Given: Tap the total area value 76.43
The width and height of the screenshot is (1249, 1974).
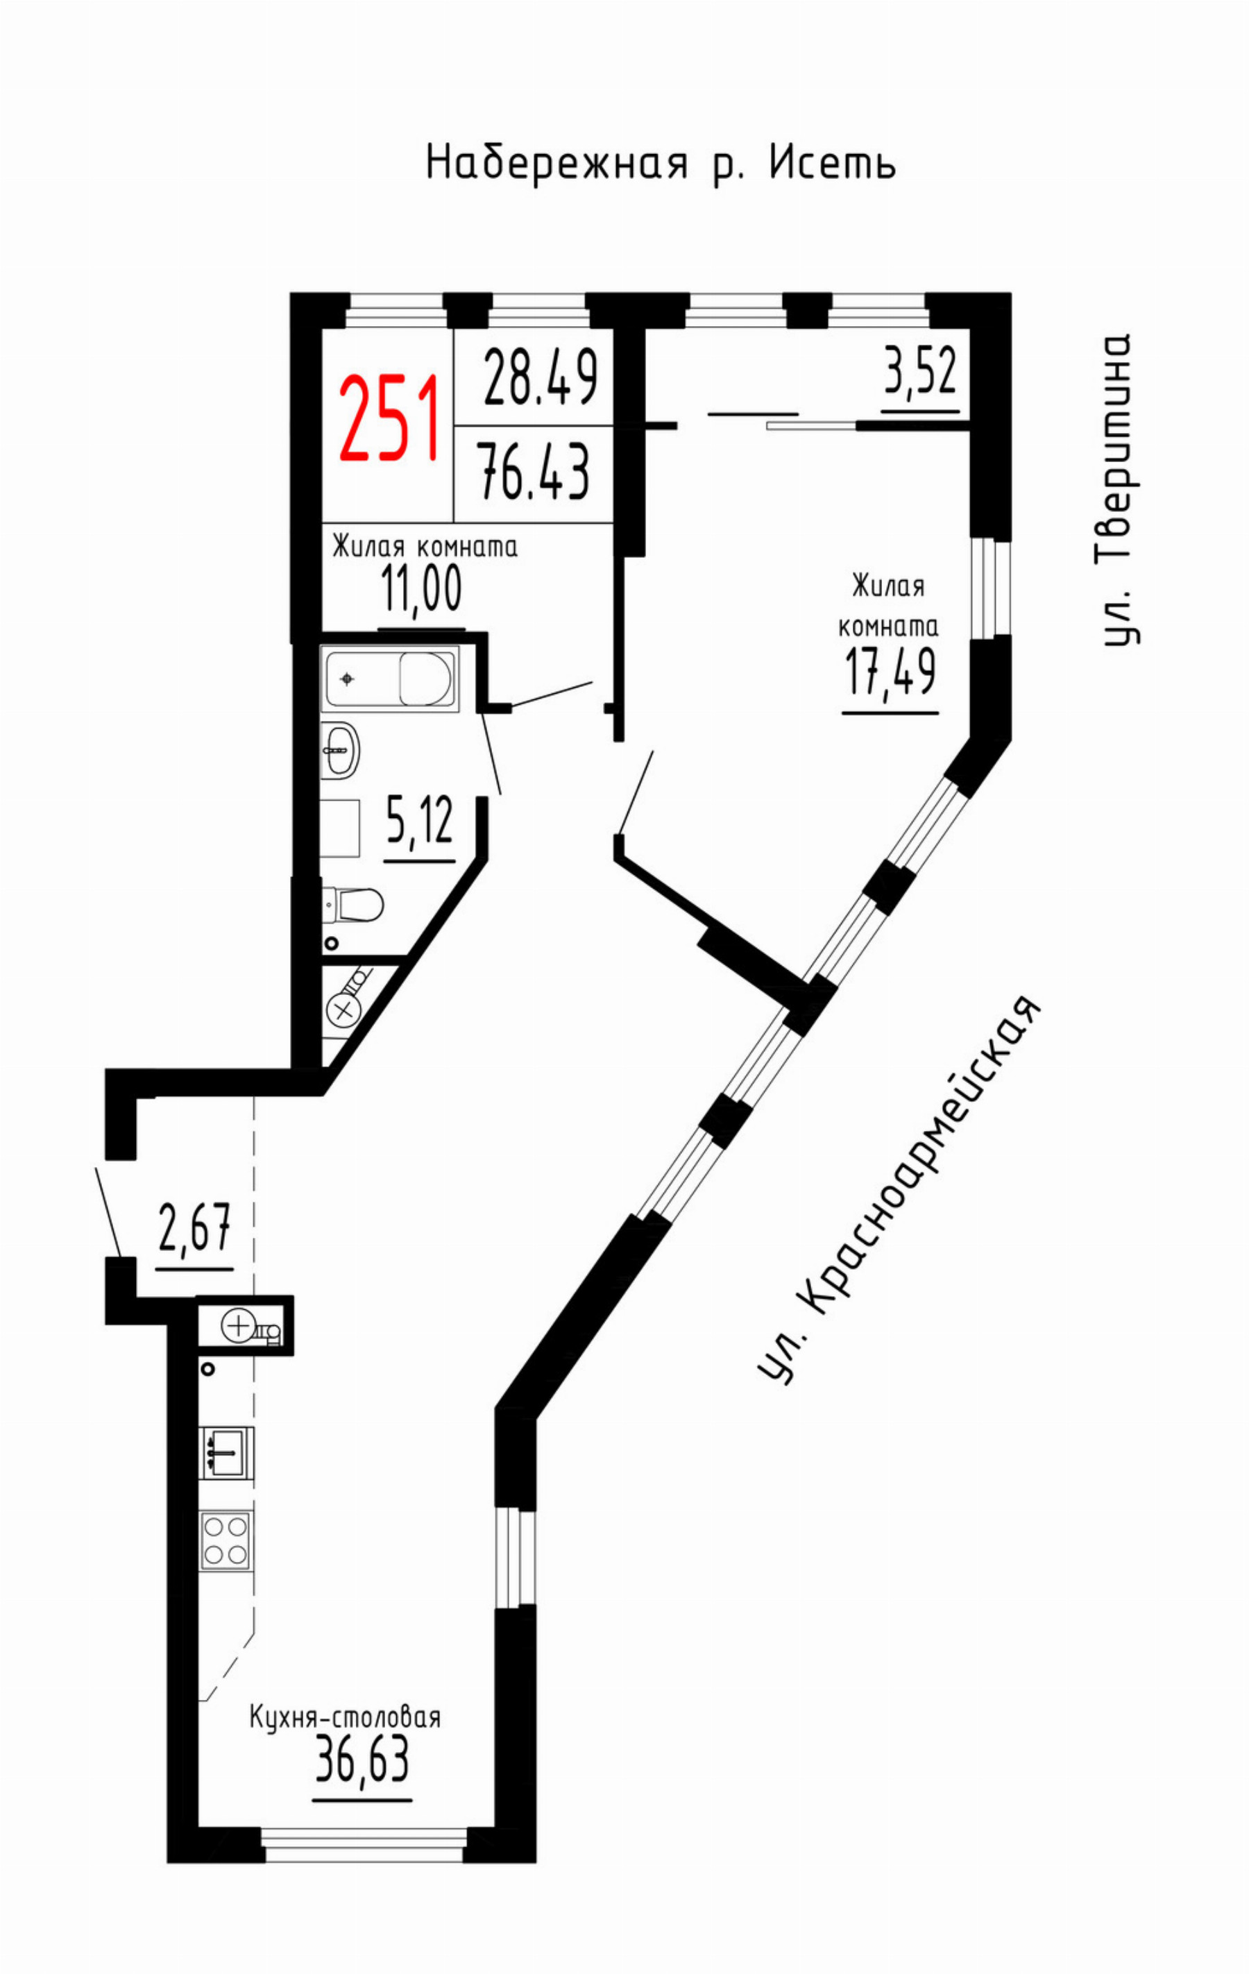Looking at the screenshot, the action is (534, 471).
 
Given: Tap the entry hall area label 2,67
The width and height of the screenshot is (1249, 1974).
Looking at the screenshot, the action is (194, 1227).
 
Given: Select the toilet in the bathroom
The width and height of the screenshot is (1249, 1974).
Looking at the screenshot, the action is (353, 905).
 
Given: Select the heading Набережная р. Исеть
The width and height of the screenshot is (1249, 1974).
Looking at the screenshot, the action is (661, 163).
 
